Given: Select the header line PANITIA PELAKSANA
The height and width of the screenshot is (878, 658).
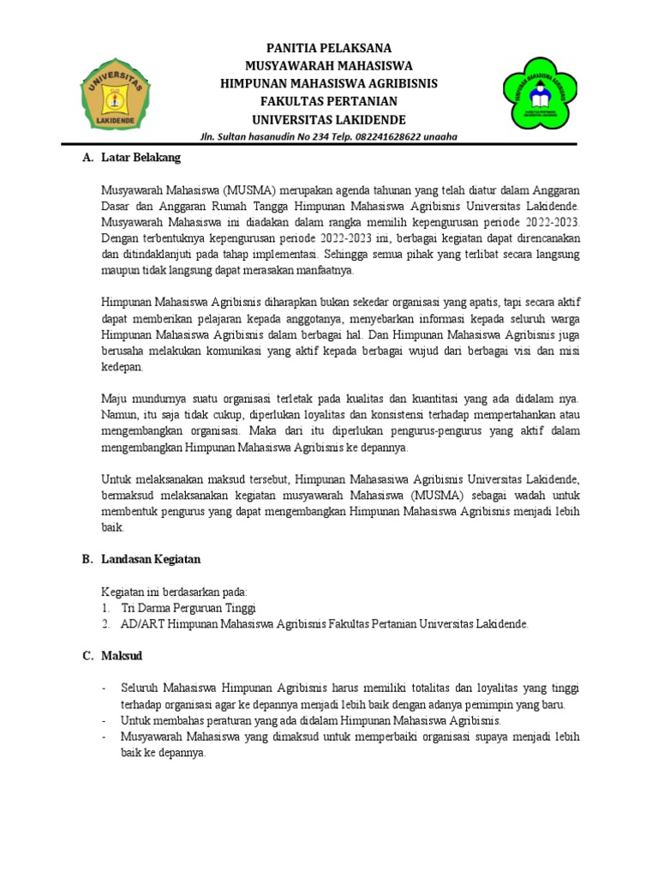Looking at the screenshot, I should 329,48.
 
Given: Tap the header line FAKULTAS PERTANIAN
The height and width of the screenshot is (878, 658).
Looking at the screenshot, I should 329,100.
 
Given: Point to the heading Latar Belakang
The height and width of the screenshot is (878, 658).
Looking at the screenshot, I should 141,158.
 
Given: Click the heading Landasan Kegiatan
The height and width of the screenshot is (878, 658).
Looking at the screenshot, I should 150,559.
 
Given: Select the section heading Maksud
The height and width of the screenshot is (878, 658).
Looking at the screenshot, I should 122,656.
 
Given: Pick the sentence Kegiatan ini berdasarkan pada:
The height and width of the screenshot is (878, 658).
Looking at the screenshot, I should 174,592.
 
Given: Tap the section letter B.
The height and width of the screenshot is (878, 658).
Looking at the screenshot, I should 87,559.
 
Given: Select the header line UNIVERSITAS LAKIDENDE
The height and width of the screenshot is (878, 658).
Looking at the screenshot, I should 329,118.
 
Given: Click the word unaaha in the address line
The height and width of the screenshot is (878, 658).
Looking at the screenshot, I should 440,136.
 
